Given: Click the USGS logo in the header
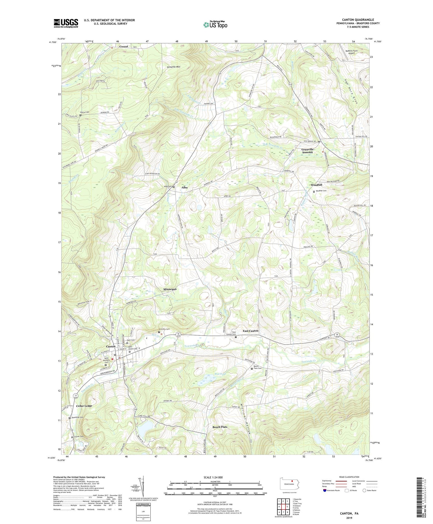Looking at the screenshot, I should pyautogui.click(x=66, y=23).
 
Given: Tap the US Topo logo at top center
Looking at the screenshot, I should pyautogui.click(x=215, y=25).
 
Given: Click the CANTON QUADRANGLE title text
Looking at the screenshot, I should pyautogui.click(x=358, y=20).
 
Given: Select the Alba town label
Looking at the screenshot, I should pyautogui.click(x=184, y=188).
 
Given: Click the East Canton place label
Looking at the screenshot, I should pyautogui.click(x=250, y=331).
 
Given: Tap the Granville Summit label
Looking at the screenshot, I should pyautogui.click(x=308, y=151).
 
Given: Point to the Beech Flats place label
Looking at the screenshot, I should pyautogui.click(x=220, y=427).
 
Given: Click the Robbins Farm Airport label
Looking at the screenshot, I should pyautogui.click(x=351, y=52).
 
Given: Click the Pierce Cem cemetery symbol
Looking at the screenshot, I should pyautogui.click(x=80, y=115).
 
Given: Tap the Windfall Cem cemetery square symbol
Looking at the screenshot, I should pyautogui.click(x=314, y=191).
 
